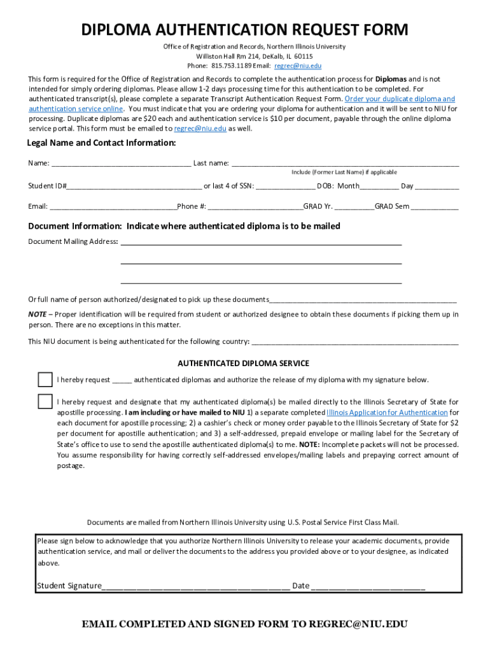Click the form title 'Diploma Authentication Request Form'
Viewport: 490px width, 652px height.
point(244,30)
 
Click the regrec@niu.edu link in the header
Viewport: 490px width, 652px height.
point(298,66)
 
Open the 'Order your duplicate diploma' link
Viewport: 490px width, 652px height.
point(399,99)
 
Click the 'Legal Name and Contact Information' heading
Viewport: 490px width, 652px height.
point(102,143)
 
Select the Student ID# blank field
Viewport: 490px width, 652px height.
point(134,187)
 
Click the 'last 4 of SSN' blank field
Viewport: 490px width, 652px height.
point(285,187)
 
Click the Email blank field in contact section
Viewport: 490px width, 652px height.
point(113,207)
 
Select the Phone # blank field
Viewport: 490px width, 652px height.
point(255,207)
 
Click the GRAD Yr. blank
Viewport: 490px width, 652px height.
point(354,207)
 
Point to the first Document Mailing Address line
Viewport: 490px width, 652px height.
point(261,243)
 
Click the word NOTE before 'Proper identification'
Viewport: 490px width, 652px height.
point(37,314)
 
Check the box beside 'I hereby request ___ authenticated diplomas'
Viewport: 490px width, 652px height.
point(45,379)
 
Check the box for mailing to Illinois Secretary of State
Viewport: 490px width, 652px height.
point(45,402)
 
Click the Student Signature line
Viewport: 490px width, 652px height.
point(196,586)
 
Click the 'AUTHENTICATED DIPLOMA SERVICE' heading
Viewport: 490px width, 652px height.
point(243,364)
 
